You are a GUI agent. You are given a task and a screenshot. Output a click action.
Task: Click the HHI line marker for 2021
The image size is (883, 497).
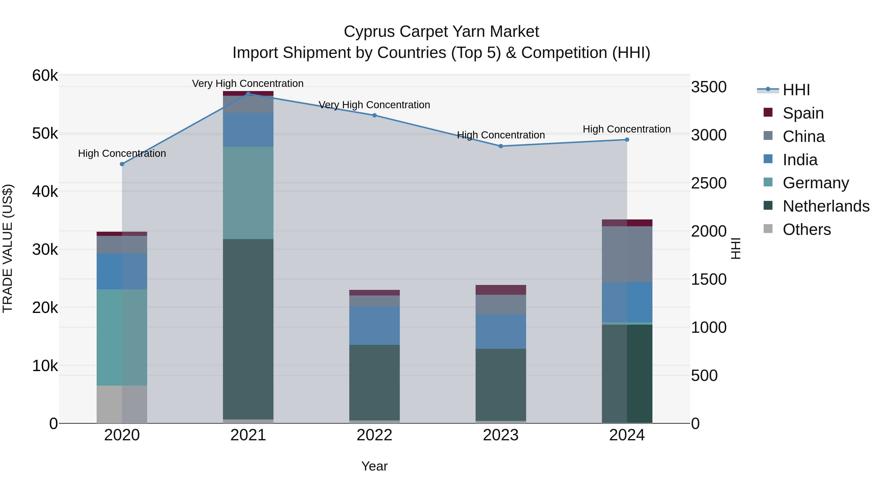(x=248, y=94)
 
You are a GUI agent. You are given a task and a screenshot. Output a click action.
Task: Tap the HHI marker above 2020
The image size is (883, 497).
(x=122, y=164)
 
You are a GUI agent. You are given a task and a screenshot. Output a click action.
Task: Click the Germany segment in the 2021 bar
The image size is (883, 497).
(x=248, y=193)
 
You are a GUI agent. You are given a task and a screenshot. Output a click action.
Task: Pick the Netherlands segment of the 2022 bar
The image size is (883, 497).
(x=374, y=382)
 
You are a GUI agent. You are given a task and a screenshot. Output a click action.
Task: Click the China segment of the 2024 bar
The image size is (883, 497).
(x=627, y=254)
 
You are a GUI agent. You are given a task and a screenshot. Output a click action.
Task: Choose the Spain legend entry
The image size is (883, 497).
(x=803, y=113)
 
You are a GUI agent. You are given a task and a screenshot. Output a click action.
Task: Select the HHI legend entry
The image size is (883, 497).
(x=796, y=90)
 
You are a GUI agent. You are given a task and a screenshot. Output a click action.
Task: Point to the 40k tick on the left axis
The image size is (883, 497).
(x=45, y=192)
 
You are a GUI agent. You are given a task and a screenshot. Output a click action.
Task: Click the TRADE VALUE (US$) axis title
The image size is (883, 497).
(x=8, y=248)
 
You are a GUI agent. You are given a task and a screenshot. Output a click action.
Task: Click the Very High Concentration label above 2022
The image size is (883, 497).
(x=374, y=105)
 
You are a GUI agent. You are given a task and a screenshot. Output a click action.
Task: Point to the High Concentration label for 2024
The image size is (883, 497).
(x=627, y=129)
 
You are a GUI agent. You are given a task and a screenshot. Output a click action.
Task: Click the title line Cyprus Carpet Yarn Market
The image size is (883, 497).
(x=441, y=32)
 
